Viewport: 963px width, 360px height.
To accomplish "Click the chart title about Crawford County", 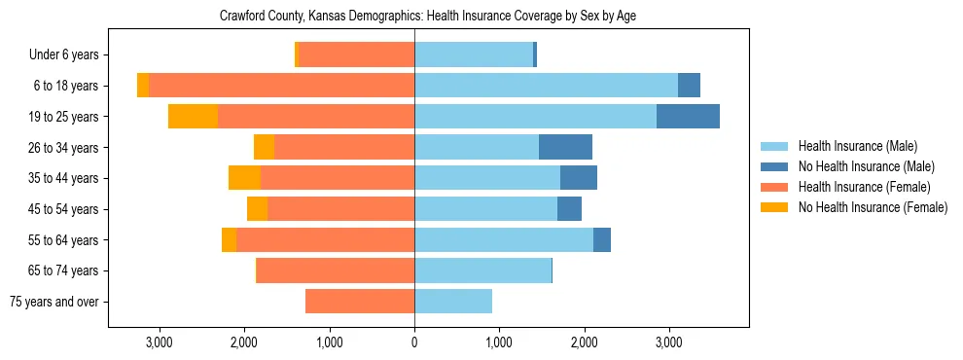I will (x=428, y=17).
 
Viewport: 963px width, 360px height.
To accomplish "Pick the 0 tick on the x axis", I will (x=414, y=342).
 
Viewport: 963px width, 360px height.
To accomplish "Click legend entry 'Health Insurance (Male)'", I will (x=857, y=146).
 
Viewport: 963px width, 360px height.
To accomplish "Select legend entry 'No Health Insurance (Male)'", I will (x=866, y=166).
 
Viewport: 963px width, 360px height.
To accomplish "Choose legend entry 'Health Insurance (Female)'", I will (x=864, y=187).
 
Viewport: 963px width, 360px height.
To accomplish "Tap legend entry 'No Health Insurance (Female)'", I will (x=873, y=207).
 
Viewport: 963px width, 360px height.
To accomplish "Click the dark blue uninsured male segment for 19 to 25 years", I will (x=688, y=117).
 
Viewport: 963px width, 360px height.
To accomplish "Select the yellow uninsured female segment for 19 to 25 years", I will (x=193, y=117).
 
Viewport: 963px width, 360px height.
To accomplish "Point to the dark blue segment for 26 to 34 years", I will (x=565, y=147).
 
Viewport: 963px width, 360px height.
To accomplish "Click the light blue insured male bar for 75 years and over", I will (x=453, y=302).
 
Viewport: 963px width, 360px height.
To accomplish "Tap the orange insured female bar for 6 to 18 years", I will (x=281, y=86).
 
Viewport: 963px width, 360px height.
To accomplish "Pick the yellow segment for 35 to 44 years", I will (x=244, y=178).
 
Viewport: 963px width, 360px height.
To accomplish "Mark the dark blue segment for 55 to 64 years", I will (x=602, y=239).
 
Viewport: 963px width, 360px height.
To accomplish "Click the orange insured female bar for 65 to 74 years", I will (x=336, y=270).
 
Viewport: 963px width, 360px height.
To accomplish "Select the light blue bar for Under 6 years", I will (x=474, y=55).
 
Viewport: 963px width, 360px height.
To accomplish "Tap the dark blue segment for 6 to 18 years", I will (x=689, y=86).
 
